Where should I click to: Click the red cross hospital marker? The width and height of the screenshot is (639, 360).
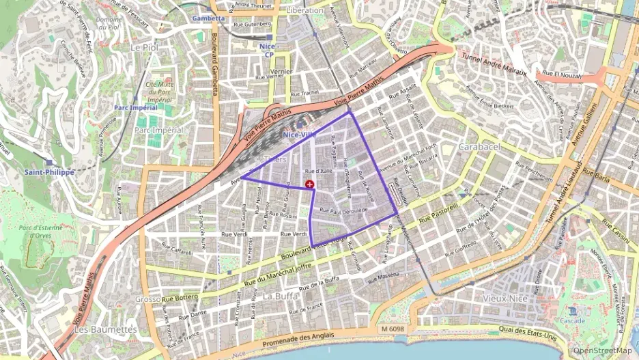click(311, 184)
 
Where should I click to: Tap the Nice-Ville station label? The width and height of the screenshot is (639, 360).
click(299, 135)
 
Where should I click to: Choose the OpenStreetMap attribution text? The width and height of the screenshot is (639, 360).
click(602, 351)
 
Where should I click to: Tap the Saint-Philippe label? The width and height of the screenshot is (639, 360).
click(48, 172)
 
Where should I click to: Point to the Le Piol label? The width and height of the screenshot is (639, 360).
click(143, 47)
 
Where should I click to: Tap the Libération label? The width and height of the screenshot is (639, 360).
click(304, 10)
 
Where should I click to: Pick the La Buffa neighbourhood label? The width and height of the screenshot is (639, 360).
click(280, 296)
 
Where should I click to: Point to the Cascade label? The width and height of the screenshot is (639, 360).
click(571, 320)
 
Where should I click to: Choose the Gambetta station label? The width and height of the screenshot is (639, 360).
click(208, 18)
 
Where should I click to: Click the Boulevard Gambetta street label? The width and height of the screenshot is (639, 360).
click(214, 65)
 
